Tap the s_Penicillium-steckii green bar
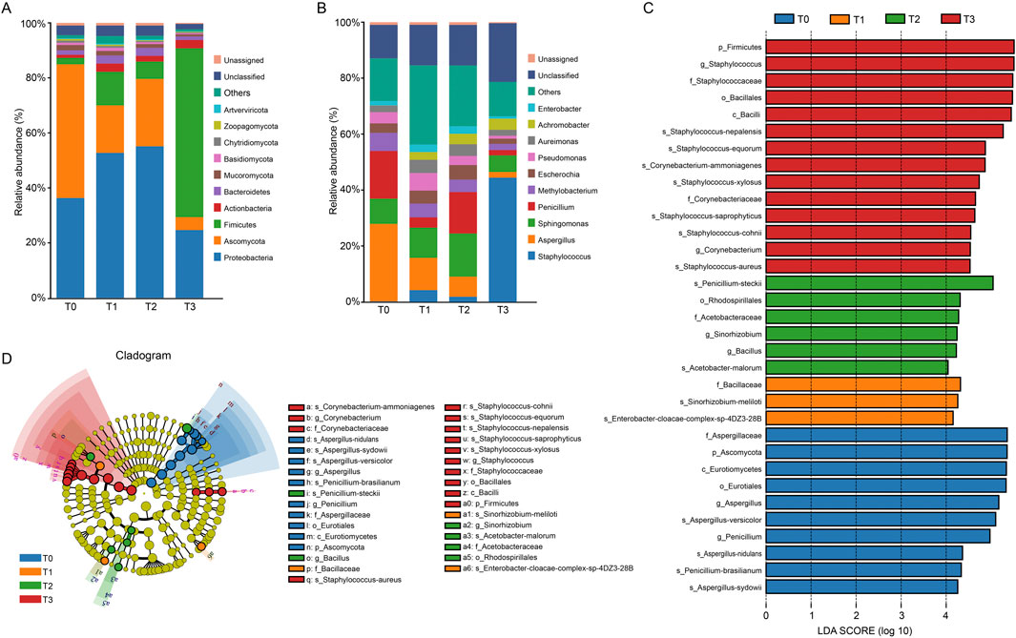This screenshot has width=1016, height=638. tap(879, 282)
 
